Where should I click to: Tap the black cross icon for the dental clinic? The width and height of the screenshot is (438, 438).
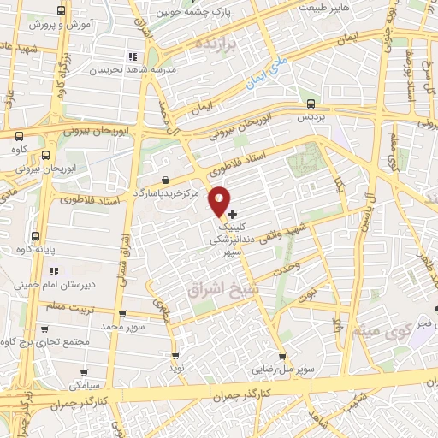coord(234,213)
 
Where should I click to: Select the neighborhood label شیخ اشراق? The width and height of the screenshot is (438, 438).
coord(217,291)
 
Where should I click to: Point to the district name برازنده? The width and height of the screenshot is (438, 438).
coord(214,44)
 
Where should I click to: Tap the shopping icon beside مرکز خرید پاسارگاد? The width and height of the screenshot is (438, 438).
coord(164,181)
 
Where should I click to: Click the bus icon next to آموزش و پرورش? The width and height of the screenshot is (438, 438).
coord(59,11)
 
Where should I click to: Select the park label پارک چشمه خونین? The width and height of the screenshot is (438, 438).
coord(194,12)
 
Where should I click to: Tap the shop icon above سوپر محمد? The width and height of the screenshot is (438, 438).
coord(123,314)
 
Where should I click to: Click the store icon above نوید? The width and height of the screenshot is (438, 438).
coord(175,355)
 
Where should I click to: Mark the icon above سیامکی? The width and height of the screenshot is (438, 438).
coord(84,373)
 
